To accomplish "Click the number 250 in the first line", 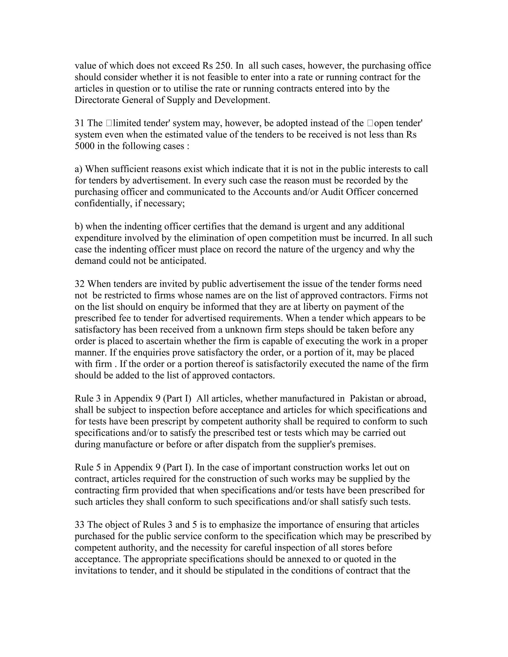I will pyautogui.click(x=224, y=66).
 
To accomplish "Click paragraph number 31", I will pyautogui.click(x=80, y=123).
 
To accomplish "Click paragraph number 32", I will pyautogui.click(x=80, y=284).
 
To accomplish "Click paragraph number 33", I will pyautogui.click(x=80, y=524).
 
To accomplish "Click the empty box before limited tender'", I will pyautogui.click(x=109, y=123).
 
